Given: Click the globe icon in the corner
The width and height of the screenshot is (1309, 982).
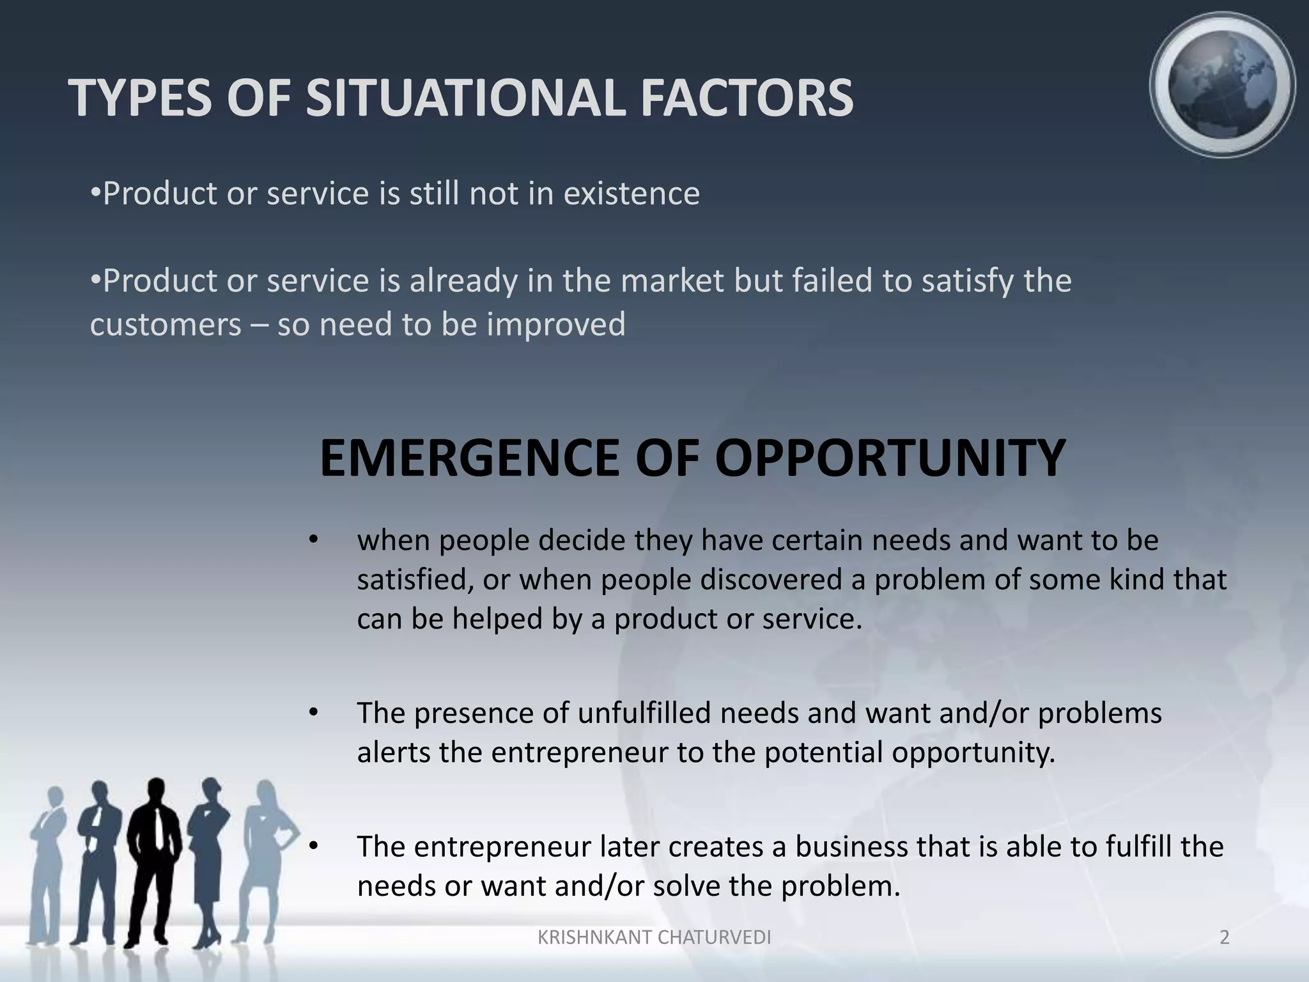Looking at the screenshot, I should [1222, 85].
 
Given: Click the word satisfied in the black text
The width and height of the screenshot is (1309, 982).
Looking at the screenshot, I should [414, 580].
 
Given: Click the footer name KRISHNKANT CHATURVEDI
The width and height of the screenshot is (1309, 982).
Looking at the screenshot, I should [654, 937].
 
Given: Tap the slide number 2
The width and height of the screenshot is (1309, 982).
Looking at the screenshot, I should [1224, 937].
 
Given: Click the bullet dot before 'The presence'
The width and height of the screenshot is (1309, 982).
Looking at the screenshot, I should [313, 712].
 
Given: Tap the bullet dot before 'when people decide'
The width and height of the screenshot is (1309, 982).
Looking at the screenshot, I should [313, 540].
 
